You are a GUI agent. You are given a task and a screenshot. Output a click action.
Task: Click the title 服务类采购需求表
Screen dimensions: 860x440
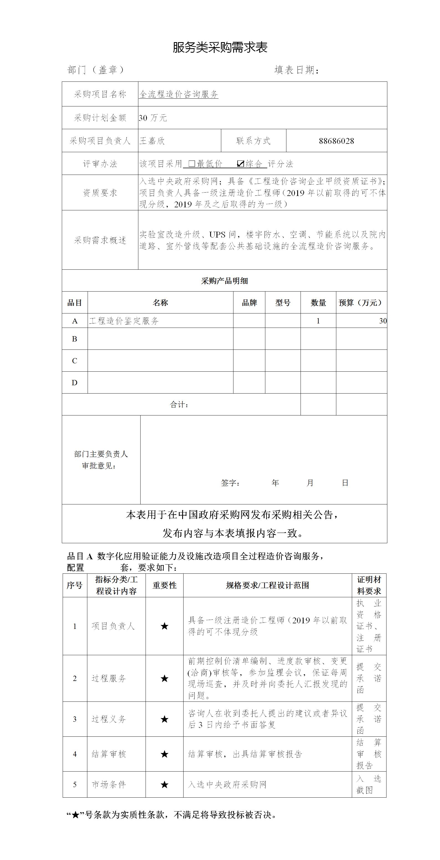coord(220,47)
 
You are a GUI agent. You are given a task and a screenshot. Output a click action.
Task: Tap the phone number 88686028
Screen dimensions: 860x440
coord(336,141)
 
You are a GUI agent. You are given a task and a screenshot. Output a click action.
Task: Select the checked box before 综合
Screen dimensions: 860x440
coord(240,164)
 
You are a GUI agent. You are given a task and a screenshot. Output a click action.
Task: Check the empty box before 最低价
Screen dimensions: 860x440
coord(192,164)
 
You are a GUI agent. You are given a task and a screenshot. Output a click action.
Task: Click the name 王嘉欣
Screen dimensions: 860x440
coord(152,141)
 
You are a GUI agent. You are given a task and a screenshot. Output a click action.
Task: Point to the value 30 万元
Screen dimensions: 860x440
coord(153,118)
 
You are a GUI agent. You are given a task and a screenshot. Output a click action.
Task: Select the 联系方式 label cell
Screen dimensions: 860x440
coord(253,141)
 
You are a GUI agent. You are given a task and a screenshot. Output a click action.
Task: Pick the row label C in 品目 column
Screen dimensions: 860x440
coord(75,361)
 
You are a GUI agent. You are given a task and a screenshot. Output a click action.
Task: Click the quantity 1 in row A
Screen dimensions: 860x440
coord(318,321)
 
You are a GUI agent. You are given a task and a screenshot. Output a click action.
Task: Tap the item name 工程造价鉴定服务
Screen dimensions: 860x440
coord(124,321)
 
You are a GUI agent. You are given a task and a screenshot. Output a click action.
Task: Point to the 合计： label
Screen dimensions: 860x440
coord(179,405)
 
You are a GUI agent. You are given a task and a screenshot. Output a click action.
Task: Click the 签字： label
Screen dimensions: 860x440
coord(230,483)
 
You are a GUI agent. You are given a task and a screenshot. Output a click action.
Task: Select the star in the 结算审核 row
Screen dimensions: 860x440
coord(164,754)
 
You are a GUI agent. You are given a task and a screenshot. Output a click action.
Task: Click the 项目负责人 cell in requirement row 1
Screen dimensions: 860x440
coord(113,626)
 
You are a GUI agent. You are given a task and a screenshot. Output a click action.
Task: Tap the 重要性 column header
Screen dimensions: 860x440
coord(164,585)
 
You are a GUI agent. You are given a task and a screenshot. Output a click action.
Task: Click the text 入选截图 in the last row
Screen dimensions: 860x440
coord(368,784)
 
